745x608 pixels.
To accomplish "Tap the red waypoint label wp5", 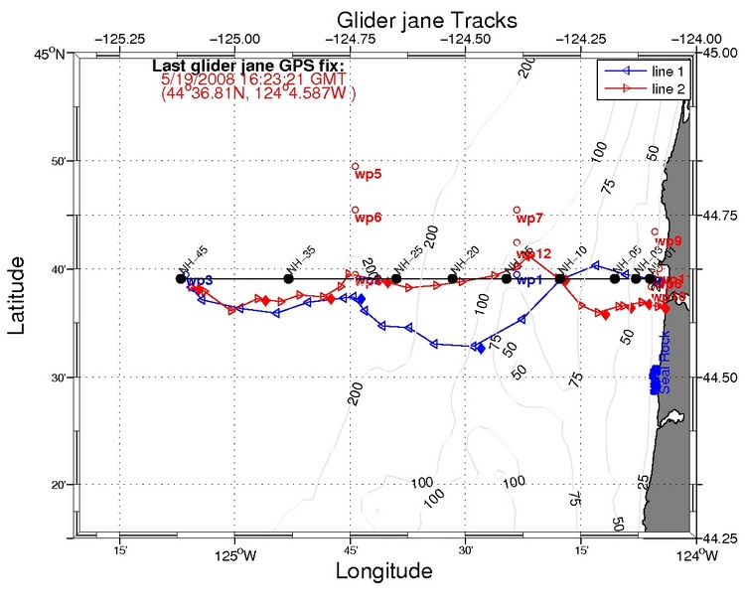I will pos(369,175).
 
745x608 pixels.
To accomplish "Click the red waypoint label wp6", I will pos(369,218).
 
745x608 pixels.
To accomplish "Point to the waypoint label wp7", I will pos(530,218).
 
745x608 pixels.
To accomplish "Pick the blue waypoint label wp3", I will pos(200,281).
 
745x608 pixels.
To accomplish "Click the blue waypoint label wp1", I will pos(529,280).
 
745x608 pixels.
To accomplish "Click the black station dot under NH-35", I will pos(288,278).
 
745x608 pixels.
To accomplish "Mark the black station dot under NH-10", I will pos(560,279).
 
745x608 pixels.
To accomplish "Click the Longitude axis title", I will pos(383,571).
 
